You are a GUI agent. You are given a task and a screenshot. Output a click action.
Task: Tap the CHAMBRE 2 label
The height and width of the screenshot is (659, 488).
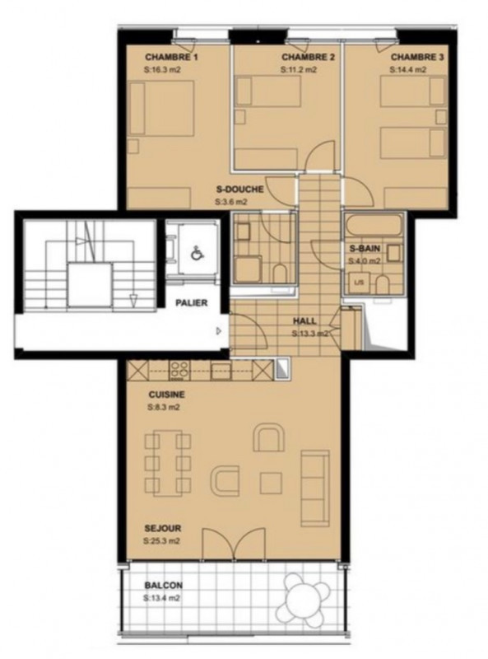point(308,57)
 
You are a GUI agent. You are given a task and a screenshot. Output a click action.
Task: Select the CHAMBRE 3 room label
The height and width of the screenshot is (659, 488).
point(417,57)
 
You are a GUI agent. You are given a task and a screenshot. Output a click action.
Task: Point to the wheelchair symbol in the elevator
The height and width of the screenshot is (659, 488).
point(196,254)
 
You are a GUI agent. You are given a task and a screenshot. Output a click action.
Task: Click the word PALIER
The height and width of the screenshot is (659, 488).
point(191,302)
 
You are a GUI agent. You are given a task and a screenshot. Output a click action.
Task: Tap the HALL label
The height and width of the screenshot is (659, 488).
point(304,321)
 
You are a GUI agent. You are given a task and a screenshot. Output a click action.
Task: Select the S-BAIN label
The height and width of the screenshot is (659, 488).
point(365,249)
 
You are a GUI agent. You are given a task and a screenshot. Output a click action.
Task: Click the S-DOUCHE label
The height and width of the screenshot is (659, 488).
point(239,189)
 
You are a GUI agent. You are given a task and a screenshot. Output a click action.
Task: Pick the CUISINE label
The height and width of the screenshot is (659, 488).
point(167,395)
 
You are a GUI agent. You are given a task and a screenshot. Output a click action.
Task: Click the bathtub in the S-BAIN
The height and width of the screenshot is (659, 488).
point(373,226)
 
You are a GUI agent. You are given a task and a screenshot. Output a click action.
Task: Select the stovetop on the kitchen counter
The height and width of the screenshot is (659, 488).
point(179,371)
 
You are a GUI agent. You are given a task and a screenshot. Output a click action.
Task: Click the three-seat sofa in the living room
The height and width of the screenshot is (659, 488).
point(315,488)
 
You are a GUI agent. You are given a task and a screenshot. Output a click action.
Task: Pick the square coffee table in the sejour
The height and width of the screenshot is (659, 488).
point(271,484)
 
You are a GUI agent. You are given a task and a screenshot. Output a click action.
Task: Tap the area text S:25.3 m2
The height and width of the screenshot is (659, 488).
point(161,541)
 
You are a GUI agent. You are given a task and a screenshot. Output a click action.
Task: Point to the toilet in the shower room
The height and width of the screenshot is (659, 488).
point(280,273)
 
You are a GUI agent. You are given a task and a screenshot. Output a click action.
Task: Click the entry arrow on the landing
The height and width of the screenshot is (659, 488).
point(218,331)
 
